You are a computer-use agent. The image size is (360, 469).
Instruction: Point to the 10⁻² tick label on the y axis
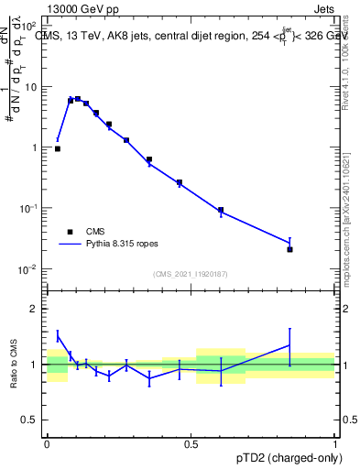(x=27, y=269)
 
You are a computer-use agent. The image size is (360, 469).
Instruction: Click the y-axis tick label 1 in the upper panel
(x=35, y=147)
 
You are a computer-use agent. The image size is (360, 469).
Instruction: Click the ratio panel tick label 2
(x=35, y=309)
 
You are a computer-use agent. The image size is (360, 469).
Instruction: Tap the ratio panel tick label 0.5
(x=31, y=420)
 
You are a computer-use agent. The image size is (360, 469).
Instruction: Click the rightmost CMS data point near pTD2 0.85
(x=289, y=249)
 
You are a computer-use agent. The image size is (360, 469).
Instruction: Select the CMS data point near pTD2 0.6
(x=221, y=210)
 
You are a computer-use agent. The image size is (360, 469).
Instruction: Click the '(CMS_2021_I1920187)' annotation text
(x=191, y=274)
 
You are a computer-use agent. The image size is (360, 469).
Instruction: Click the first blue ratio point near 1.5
(x=58, y=336)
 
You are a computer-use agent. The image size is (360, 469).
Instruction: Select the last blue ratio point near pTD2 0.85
(x=289, y=345)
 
